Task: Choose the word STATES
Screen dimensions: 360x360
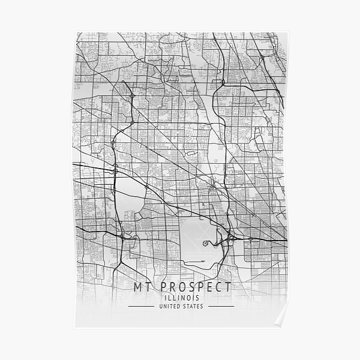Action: pyautogui.click(x=193, y=307)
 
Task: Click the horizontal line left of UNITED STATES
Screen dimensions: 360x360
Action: pyautogui.click(x=141, y=307)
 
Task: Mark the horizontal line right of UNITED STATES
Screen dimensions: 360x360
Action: pyautogui.click(x=218, y=307)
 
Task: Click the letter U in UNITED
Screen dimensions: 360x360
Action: pyautogui.click(x=159, y=307)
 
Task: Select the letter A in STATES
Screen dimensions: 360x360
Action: pyautogui.click(x=191, y=307)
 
